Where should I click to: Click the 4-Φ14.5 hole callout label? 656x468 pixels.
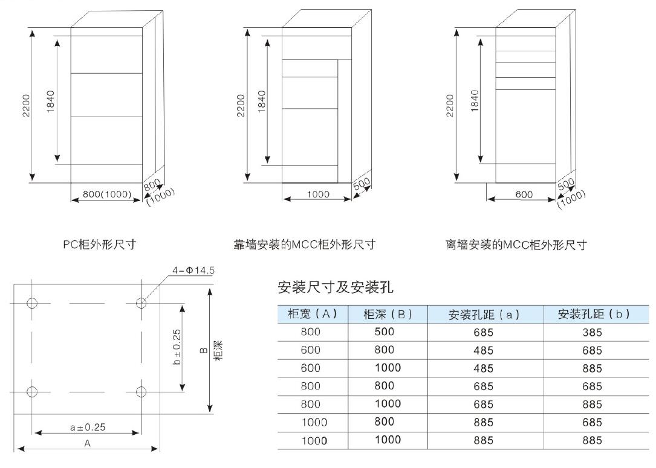[193, 271]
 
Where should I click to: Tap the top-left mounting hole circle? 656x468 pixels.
[32, 303]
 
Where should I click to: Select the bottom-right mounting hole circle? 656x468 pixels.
[141, 392]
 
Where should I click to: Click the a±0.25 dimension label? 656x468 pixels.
[88, 427]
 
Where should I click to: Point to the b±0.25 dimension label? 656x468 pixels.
[177, 347]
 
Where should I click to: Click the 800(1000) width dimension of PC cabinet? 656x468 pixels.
[106, 194]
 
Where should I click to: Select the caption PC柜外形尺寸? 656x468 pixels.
[100, 245]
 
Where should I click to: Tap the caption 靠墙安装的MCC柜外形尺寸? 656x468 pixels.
[304, 245]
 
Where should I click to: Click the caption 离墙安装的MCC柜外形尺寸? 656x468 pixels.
[516, 245]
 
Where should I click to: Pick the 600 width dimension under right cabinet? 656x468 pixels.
[524, 194]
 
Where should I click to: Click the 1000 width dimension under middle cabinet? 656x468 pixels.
[319, 194]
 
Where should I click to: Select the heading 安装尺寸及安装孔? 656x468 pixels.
[336, 287]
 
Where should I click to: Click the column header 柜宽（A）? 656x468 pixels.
[313, 313]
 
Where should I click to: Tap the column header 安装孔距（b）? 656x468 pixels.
[594, 314]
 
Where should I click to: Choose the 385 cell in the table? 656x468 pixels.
[592, 333]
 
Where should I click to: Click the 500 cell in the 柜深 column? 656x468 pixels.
[384, 332]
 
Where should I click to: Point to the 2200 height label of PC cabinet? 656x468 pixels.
[26, 105]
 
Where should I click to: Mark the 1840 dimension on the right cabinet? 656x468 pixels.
[475, 101]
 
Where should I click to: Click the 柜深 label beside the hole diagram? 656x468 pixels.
[218, 350]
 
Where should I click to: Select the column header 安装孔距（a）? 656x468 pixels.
[484, 314]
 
